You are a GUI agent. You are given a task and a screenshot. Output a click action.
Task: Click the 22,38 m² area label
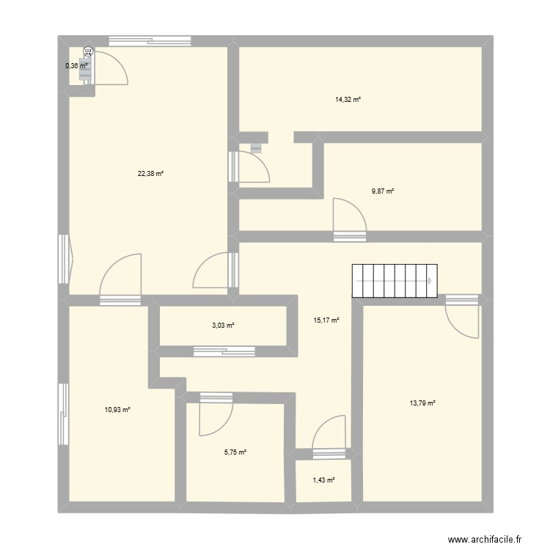150,174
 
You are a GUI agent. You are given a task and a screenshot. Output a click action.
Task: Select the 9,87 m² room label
383,191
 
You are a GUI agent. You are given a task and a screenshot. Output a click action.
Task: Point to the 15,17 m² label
327,320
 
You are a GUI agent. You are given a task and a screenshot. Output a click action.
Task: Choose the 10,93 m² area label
117,409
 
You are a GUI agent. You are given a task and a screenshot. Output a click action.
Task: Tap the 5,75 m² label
235,452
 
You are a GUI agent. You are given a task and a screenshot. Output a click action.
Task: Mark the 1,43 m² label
323,480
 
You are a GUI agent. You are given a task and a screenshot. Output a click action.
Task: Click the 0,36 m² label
76,66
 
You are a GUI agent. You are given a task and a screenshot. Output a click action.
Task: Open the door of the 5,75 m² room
216,414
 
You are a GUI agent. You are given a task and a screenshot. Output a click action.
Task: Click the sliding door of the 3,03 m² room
221,351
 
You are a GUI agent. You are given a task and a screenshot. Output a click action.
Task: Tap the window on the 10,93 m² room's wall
64,414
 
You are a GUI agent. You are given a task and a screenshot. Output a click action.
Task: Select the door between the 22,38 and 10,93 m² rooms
121,279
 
